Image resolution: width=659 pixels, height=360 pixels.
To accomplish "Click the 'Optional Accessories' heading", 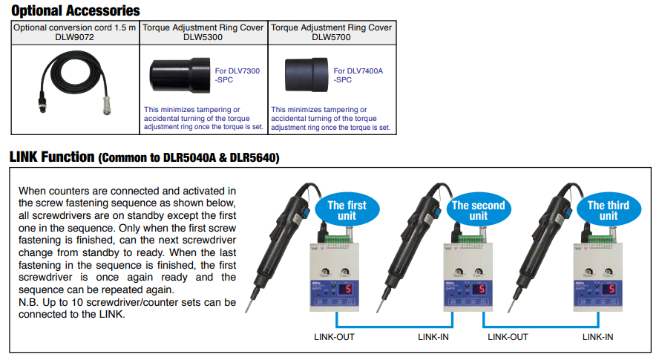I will (75, 10).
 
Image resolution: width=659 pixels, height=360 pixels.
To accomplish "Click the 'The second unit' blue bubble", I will (478, 211).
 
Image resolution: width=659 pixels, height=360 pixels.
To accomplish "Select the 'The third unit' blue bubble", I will (608, 211).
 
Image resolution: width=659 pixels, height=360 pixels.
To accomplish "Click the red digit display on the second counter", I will (477, 289).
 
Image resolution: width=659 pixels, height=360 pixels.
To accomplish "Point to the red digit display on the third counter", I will (609, 289).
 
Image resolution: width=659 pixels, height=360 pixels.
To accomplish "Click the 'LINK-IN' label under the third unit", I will (597, 337).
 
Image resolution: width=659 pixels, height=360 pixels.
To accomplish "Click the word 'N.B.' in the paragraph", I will (28, 302).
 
